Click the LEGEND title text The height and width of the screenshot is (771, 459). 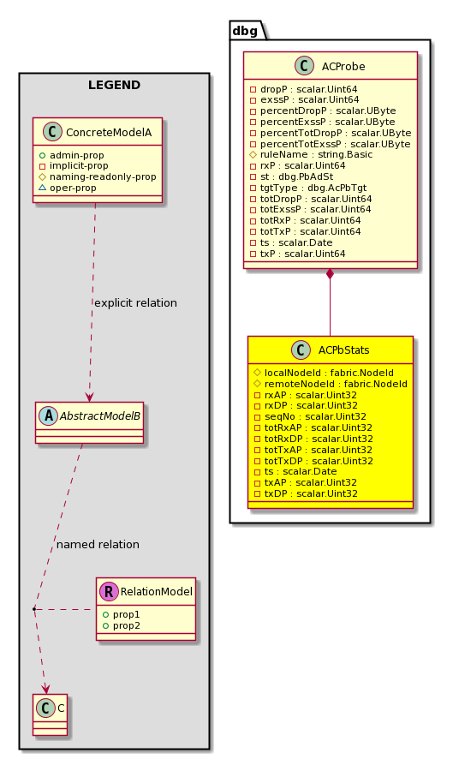(114, 85)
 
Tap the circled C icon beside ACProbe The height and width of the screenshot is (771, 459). (305, 66)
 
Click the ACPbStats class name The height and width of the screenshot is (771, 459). (344, 350)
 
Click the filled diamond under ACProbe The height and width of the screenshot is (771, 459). (331, 275)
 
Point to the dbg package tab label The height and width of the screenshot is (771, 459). (245, 31)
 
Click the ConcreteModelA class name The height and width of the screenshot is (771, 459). (109, 132)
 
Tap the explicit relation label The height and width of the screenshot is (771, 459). (135, 303)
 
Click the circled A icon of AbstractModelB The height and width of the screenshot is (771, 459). (48, 416)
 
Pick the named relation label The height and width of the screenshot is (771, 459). (98, 544)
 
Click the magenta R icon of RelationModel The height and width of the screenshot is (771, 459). (109, 591)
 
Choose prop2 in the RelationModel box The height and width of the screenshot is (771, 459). (122, 625)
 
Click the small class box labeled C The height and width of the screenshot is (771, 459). (51, 714)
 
